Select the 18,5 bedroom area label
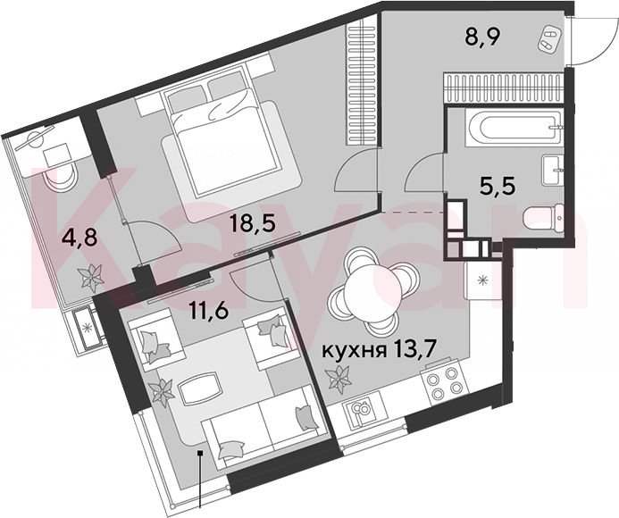(x=254, y=224)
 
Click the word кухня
(x=354, y=350)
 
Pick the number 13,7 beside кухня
(x=413, y=349)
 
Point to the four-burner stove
(x=442, y=383)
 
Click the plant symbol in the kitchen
(x=339, y=380)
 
